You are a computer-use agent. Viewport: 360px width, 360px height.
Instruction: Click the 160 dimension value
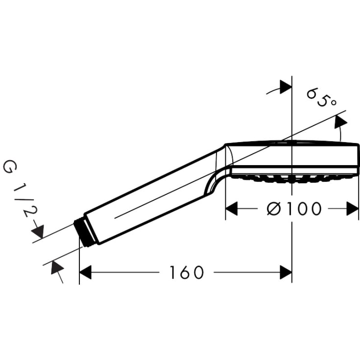point(186,272)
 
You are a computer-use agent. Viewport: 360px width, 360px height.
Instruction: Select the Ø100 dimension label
point(294,209)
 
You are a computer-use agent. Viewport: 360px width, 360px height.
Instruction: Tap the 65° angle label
point(322,97)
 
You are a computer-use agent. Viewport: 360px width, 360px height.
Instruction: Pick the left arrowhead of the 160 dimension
point(85,272)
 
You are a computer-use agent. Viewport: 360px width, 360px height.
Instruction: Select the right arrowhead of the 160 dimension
point(286,272)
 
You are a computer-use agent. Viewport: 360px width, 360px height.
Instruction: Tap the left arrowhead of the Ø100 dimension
point(231,209)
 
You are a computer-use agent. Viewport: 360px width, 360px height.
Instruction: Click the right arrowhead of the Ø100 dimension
point(353,209)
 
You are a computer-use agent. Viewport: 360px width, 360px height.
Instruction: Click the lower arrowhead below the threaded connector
point(57,267)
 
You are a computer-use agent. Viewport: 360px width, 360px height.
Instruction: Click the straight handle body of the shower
point(147,198)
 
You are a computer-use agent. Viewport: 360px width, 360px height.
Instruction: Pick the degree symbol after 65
point(334,101)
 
